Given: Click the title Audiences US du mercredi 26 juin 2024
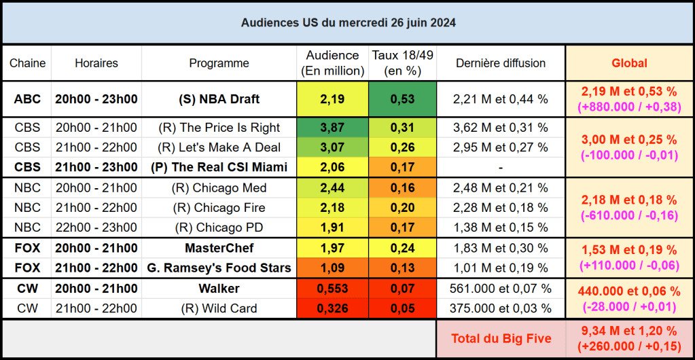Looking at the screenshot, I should pyautogui.click(x=348, y=22).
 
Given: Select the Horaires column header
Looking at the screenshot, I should pyautogui.click(x=96, y=63).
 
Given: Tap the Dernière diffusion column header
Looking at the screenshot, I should pyautogui.click(x=501, y=63).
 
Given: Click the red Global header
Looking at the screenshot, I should pyautogui.click(x=629, y=63).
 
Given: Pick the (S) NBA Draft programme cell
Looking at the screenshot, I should pyautogui.click(x=219, y=99).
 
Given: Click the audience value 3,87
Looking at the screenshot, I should pyautogui.click(x=332, y=128).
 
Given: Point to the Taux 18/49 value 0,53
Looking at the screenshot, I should pyautogui.click(x=402, y=99).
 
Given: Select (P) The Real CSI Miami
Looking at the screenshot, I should pyautogui.click(x=219, y=167).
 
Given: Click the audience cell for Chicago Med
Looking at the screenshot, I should pyautogui.click(x=332, y=187).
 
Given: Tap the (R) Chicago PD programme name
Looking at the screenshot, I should pyautogui.click(x=219, y=227).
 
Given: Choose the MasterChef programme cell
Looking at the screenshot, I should pyautogui.click(x=219, y=248).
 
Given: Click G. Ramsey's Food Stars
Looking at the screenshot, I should pyautogui.click(x=219, y=268).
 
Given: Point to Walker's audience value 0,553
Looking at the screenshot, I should pyautogui.click(x=332, y=289).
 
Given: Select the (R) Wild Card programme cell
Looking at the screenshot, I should pyautogui.click(x=219, y=308).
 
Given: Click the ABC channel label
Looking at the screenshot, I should pyautogui.click(x=27, y=99).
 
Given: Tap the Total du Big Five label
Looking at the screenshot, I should pyautogui.click(x=501, y=338).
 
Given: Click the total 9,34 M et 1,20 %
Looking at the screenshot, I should pyautogui.click(x=629, y=331).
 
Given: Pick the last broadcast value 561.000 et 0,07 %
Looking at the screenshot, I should pyautogui.click(x=501, y=289).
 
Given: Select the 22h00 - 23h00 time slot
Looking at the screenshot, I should pyautogui.click(x=96, y=227).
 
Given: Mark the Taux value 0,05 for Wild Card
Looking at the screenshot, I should pyautogui.click(x=402, y=308).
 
